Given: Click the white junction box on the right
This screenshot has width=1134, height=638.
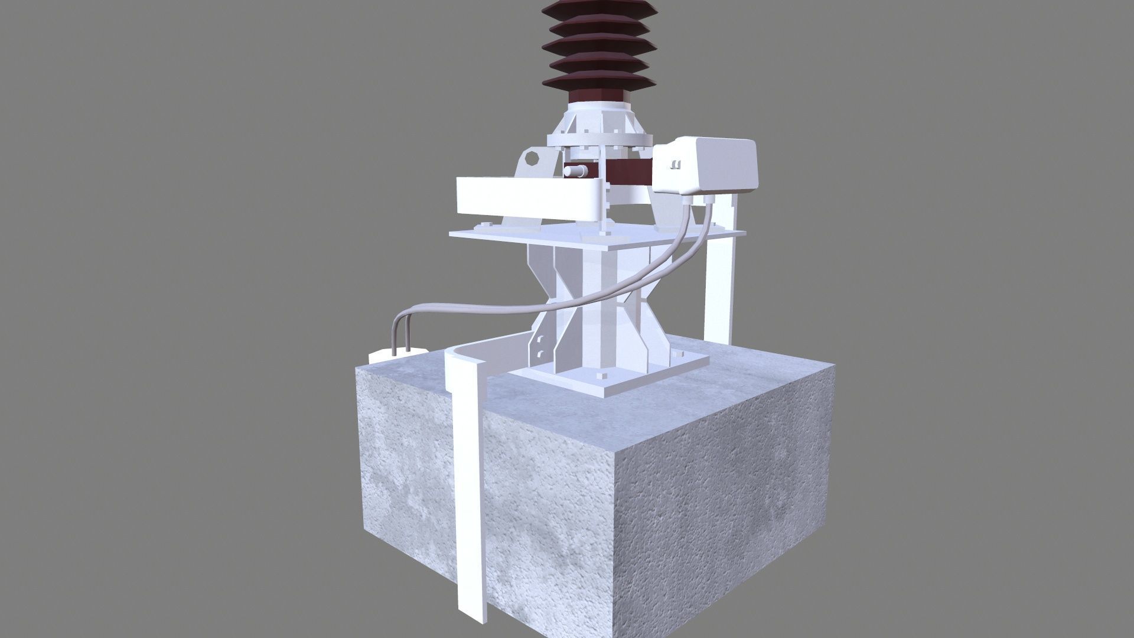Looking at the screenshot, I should (x=709, y=167).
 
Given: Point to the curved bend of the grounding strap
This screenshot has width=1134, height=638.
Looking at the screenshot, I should (x=458, y=357).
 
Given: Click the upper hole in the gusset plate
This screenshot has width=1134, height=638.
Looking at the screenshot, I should (x=539, y=340).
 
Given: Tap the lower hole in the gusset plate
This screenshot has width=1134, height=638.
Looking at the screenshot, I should (x=539, y=355).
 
